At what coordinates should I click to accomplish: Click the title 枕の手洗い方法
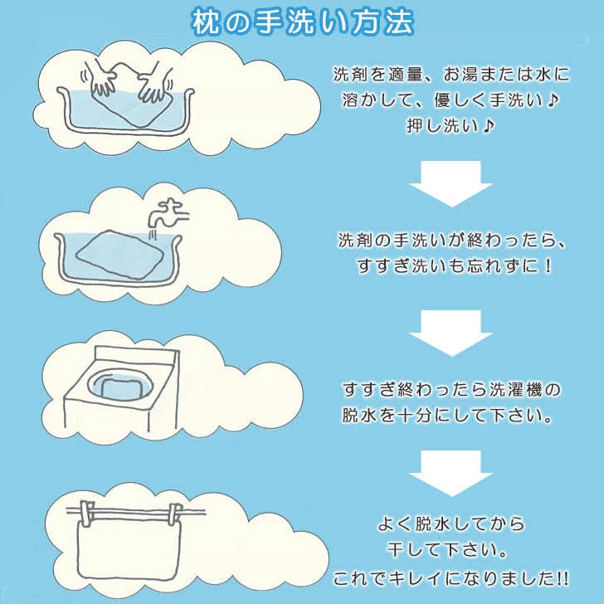coord(302,22)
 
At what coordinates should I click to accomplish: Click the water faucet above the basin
coord(168,213)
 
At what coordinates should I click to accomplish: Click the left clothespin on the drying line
coord(86,513)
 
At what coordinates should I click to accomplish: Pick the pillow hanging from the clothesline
coord(129,546)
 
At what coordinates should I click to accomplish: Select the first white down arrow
coord(451,183)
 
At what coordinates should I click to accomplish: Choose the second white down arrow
coord(451,334)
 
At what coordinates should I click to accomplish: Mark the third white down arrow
coord(451,474)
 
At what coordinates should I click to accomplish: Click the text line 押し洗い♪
coord(451,125)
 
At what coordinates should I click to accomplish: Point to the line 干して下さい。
coord(447,550)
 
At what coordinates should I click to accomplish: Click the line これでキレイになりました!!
coord(451,578)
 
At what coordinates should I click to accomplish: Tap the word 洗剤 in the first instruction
coord(350,75)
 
